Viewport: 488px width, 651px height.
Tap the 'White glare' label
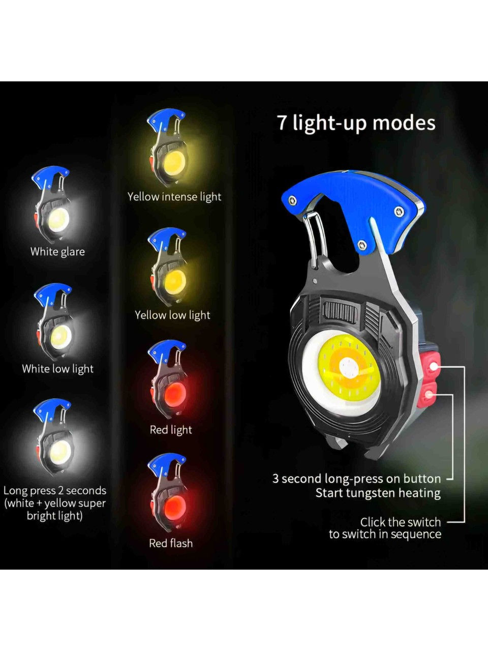click(57, 252)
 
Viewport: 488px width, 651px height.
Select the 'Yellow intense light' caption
click(174, 197)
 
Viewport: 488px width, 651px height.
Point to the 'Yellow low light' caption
click(172, 315)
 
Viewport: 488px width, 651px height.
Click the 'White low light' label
click(58, 369)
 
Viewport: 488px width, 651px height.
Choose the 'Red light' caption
click(171, 430)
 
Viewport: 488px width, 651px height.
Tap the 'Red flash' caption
click(171, 543)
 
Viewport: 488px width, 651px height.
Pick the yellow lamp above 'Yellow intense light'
click(175, 163)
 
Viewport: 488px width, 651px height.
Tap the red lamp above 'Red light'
click(175, 395)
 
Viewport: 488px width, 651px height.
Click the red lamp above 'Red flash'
click(175, 508)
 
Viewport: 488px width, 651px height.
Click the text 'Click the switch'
click(400, 522)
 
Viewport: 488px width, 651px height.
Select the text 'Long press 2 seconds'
click(55, 490)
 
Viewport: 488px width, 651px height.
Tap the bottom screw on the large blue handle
click(361, 245)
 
